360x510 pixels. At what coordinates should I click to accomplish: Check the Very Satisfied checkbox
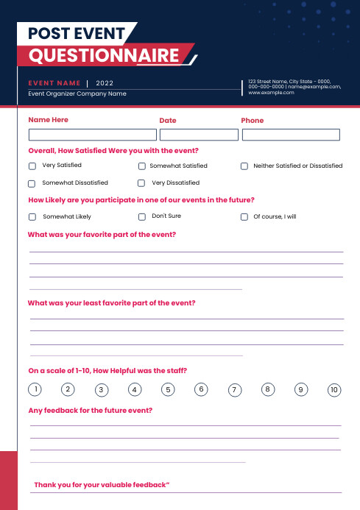click(32, 166)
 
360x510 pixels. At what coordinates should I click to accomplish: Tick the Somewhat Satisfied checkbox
click(141, 166)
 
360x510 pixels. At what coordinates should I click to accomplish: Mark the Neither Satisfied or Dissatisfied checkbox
click(244, 166)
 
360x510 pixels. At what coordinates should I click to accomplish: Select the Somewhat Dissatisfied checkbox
click(32, 183)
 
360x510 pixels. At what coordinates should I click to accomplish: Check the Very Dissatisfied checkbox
click(141, 183)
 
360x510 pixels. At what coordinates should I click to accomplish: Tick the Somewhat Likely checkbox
click(32, 217)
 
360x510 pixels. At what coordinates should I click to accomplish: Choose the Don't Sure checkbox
click(141, 217)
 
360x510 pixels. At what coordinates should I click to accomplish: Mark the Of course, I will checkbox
click(244, 217)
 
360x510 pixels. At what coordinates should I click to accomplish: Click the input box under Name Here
click(92, 135)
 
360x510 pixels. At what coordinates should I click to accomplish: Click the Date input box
click(199, 135)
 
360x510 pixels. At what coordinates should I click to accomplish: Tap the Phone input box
click(291, 135)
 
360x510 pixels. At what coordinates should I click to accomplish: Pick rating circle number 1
click(34, 389)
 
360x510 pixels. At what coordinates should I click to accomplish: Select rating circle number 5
click(169, 389)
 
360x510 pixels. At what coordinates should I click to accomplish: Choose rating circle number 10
click(334, 390)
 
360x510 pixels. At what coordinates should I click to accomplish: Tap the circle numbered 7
click(234, 390)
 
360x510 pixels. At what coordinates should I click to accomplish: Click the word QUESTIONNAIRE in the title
click(104, 56)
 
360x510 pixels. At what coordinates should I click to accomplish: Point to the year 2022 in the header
click(105, 83)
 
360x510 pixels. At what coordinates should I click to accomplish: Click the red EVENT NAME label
click(54, 83)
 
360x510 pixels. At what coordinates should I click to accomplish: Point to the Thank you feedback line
click(102, 485)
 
